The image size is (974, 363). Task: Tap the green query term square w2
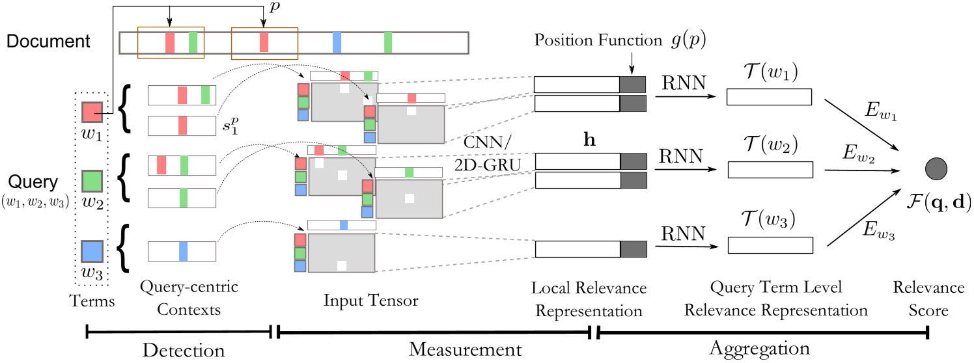[91, 180]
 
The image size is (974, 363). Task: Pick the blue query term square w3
[91, 251]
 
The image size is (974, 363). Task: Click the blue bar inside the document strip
[337, 42]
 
